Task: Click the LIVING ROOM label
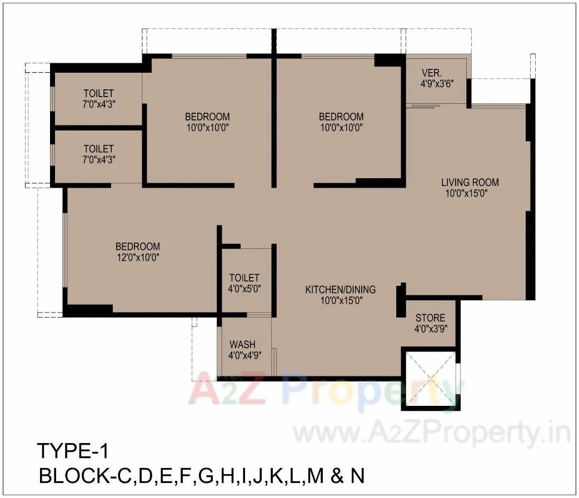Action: (470, 182)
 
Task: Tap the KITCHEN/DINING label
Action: (340, 289)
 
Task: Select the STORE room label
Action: (431, 318)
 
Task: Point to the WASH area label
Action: (242, 344)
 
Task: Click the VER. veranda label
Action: (432, 73)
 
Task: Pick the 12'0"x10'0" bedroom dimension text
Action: (138, 258)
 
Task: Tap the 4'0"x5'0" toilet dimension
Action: (244, 289)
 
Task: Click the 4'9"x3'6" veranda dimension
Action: (438, 84)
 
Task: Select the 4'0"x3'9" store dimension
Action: (431, 328)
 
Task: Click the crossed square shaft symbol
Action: (430, 380)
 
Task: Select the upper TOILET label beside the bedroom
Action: (98, 93)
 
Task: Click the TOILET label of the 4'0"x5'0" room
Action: (244, 278)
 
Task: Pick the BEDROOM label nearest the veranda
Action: (341, 117)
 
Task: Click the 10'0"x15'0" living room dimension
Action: (470, 193)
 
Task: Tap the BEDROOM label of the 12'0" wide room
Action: (138, 247)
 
